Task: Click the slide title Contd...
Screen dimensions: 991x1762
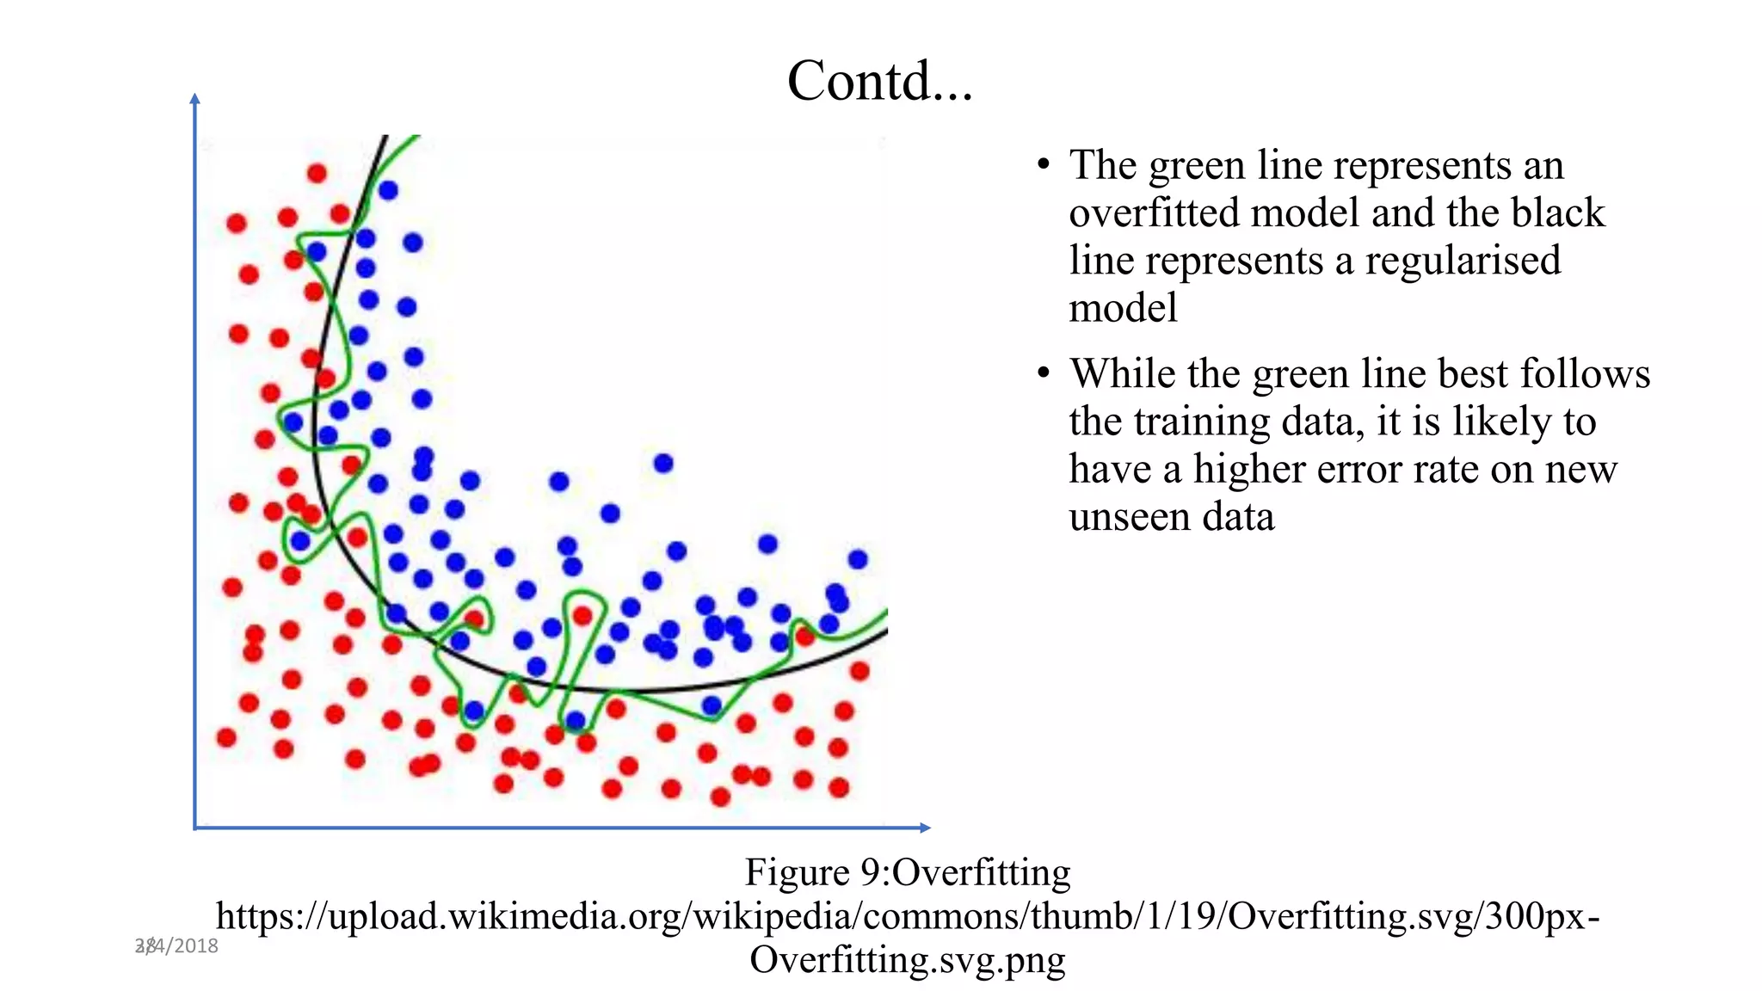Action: point(879,81)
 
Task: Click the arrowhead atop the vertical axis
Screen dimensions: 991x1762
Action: point(195,98)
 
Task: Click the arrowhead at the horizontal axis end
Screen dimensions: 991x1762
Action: point(926,828)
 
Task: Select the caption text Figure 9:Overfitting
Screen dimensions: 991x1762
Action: point(907,872)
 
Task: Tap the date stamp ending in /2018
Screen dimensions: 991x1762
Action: point(177,945)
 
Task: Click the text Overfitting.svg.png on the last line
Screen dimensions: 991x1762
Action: point(907,958)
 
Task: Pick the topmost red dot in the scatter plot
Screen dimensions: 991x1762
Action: point(317,174)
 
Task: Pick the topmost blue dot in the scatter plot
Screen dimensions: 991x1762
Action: point(388,190)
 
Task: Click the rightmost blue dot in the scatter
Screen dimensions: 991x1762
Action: point(858,559)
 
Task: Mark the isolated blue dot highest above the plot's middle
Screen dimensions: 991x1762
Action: point(662,464)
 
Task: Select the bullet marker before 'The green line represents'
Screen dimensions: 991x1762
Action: point(1044,164)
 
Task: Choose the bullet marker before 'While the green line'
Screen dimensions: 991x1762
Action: point(1044,373)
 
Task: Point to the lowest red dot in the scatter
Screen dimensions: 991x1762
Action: point(721,797)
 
